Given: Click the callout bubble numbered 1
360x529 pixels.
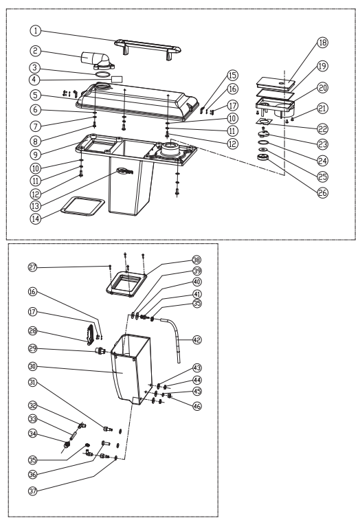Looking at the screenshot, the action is tap(36, 31).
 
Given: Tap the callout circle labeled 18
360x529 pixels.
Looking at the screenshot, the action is tap(323, 43).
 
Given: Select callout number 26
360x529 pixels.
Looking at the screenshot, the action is tap(323, 192).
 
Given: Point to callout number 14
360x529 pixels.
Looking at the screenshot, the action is tap(36, 218).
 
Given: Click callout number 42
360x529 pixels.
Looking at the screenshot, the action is tap(197, 339).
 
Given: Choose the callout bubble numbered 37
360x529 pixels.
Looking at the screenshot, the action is tap(32, 491).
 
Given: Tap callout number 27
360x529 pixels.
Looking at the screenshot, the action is tap(32, 267).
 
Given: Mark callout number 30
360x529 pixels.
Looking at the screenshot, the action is tap(32, 366).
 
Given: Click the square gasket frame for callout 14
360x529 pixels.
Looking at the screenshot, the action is tap(82, 206).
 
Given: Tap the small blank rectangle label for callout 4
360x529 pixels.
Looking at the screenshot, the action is tap(117, 79).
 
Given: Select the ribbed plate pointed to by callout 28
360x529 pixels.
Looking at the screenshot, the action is tap(91, 334).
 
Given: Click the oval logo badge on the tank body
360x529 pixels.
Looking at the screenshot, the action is tap(125, 171).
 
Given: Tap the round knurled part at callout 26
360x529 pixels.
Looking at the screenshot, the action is tap(262, 157).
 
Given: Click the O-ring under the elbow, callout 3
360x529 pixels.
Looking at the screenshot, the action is tap(102, 74).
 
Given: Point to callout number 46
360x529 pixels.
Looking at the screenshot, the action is tap(197, 406).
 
